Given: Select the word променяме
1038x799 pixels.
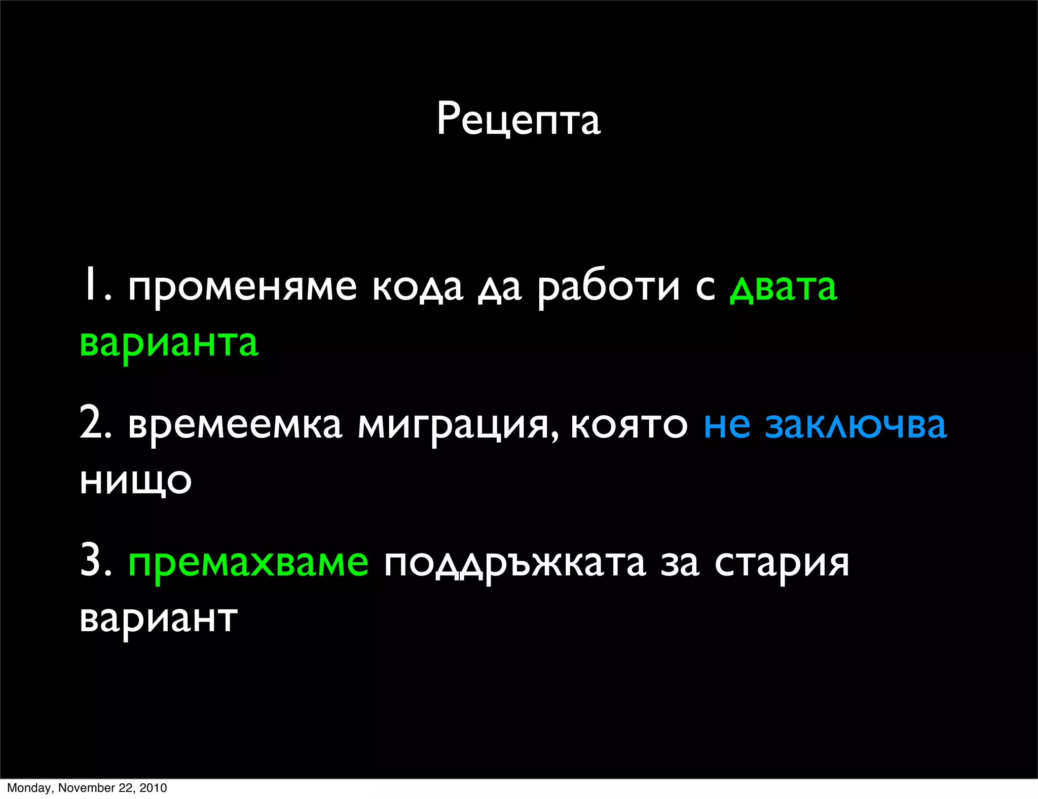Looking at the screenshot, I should pyautogui.click(x=242, y=287).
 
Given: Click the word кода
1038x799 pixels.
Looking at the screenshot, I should pyautogui.click(x=418, y=287).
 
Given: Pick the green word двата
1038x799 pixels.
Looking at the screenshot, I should pyautogui.click(x=783, y=287).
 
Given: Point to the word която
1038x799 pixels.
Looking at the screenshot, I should pyautogui.click(x=629, y=425).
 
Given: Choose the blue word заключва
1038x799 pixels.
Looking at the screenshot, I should pyautogui.click(x=856, y=425).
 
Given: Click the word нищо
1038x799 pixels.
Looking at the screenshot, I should pyautogui.click(x=136, y=481).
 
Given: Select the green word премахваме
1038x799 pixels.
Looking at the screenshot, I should pyautogui.click(x=248, y=563).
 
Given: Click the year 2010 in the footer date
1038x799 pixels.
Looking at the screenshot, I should pyautogui.click(x=153, y=788).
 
